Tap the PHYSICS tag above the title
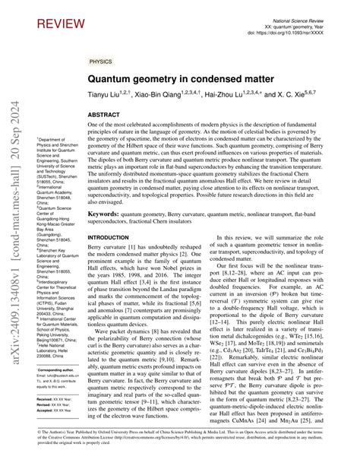pos(99,60)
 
